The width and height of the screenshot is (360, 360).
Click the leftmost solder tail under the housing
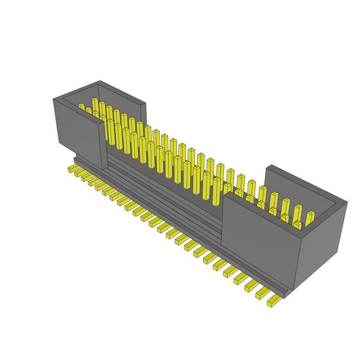pyautogui.click(x=72, y=168)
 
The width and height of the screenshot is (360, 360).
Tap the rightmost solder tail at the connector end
pyautogui.click(x=274, y=302)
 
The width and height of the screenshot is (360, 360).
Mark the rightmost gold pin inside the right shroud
pyautogui.click(x=310, y=217)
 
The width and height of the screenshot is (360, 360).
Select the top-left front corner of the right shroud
pyautogui.click(x=223, y=195)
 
